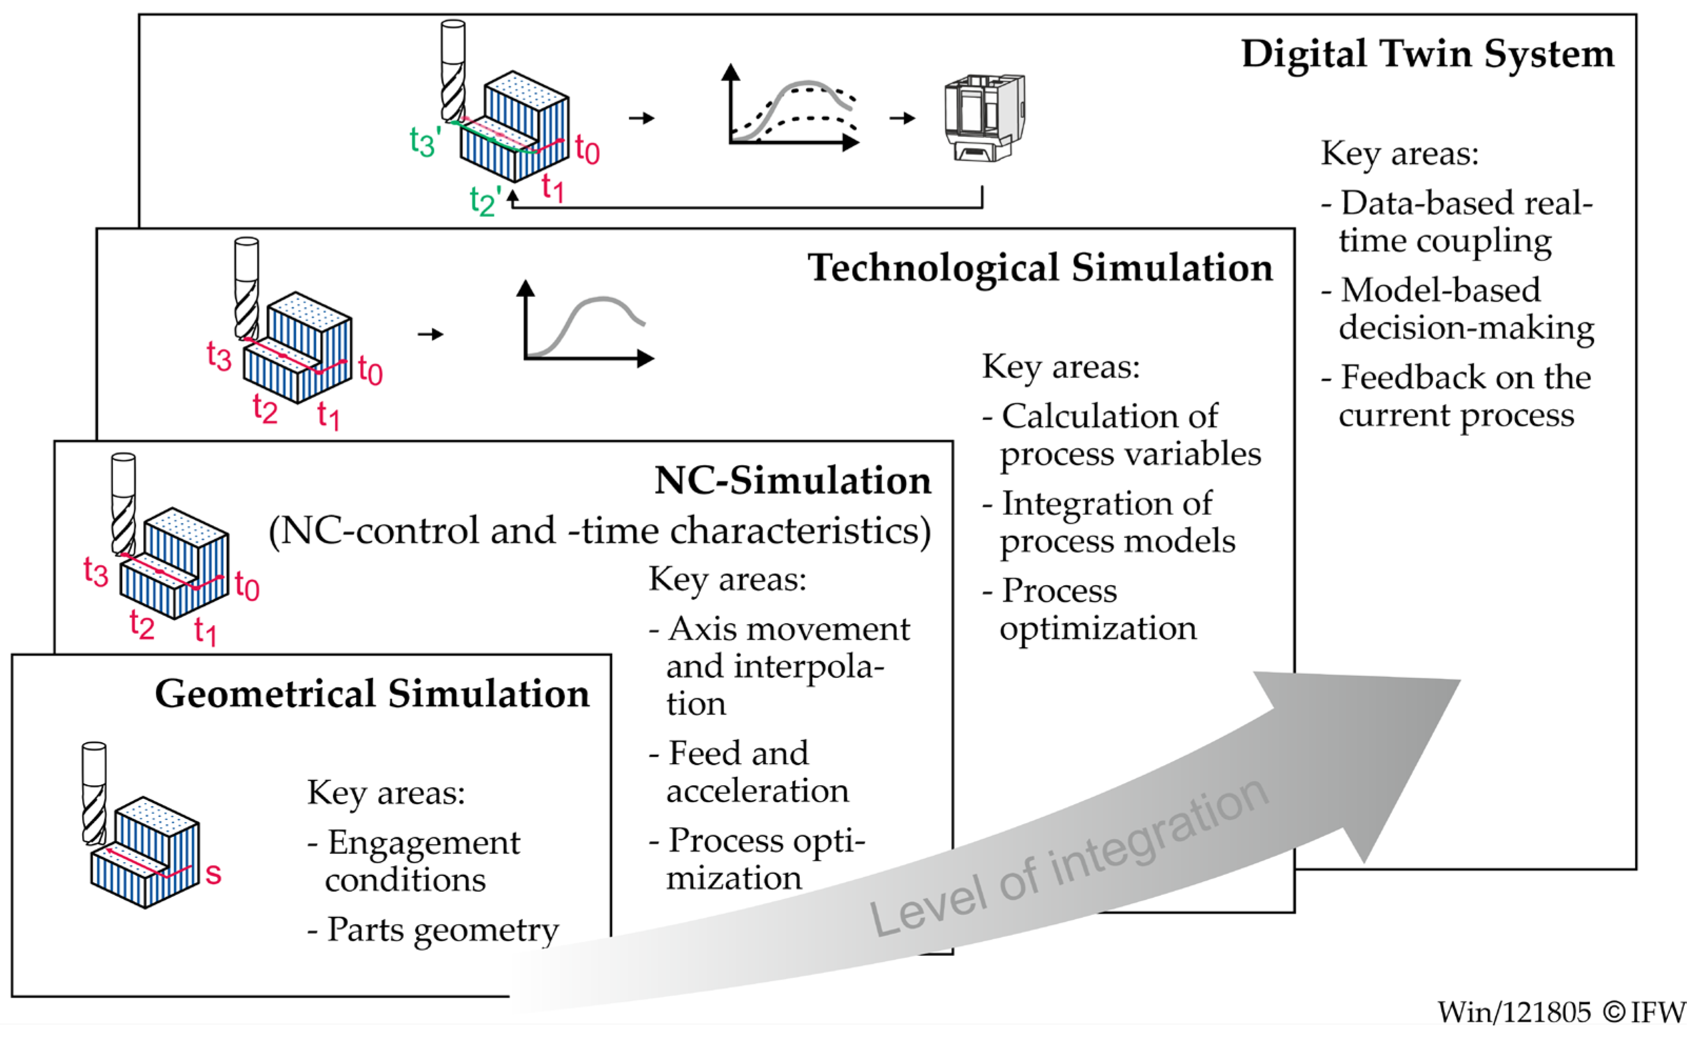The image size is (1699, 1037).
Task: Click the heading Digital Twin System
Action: click(1427, 54)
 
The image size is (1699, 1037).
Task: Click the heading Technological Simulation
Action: click(1040, 268)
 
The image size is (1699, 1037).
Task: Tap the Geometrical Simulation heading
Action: click(372, 694)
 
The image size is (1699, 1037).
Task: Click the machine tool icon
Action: click(985, 117)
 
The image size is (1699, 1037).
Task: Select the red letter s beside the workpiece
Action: click(214, 874)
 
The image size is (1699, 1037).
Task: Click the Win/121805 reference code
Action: click(1514, 1013)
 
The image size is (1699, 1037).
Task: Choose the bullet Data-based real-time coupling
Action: click(1455, 222)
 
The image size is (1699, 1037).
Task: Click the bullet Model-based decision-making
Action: click(1458, 309)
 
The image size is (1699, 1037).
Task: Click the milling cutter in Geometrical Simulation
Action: click(94, 793)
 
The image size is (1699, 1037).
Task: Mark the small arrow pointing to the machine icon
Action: click(902, 118)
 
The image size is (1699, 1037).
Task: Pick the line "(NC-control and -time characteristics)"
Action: click(600, 531)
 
